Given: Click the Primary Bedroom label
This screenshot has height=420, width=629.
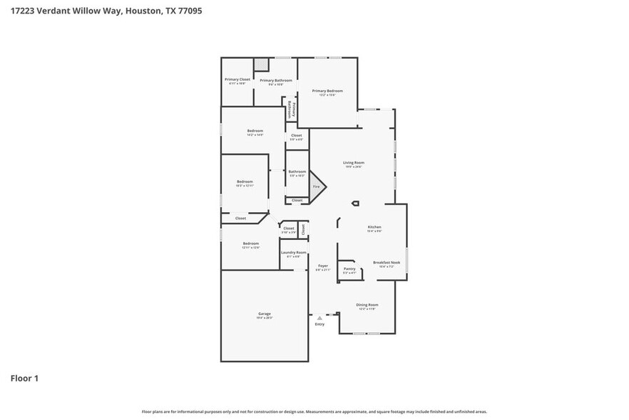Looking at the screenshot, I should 327,91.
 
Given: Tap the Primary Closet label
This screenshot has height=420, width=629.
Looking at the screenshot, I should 237,79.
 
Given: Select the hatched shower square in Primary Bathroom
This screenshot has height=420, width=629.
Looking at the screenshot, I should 262,65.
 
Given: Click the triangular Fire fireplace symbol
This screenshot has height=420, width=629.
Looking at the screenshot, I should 317,187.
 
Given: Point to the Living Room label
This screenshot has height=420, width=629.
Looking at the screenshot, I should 354,163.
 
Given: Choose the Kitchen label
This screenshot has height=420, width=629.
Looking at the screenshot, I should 374,228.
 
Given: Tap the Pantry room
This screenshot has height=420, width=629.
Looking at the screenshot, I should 349,269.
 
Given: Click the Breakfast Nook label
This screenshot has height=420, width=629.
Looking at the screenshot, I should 387,262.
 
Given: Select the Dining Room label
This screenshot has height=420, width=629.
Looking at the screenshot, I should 367,305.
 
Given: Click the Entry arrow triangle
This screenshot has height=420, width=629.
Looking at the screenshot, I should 319,318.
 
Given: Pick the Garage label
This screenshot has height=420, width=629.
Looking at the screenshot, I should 265,314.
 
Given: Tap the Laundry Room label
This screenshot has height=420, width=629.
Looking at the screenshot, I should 293,252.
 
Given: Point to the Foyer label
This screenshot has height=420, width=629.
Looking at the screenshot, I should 323,266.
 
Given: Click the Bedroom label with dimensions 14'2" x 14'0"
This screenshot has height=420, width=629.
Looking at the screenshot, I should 255,131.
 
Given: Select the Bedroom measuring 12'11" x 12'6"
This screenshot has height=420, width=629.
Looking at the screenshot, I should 250,243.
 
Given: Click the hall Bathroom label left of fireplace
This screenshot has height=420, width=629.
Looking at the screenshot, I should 297,171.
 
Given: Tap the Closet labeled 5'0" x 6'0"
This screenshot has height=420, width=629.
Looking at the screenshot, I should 296,135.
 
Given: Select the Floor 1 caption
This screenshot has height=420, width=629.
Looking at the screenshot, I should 24,378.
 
